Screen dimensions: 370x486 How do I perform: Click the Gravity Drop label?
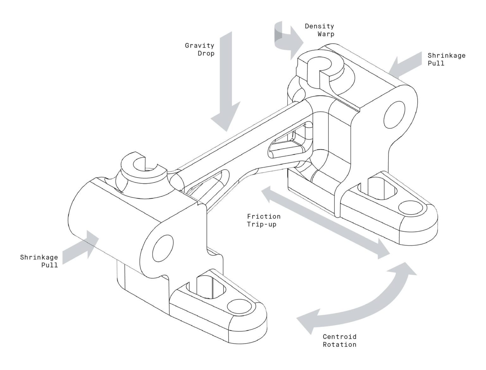[200, 50]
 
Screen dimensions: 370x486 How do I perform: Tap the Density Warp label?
[319, 30]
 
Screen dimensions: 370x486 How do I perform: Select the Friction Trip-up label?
[264, 220]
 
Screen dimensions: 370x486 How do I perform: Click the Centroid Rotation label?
[340, 340]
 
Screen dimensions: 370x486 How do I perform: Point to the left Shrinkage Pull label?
[39, 261]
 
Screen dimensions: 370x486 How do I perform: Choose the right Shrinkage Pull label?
[446, 59]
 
